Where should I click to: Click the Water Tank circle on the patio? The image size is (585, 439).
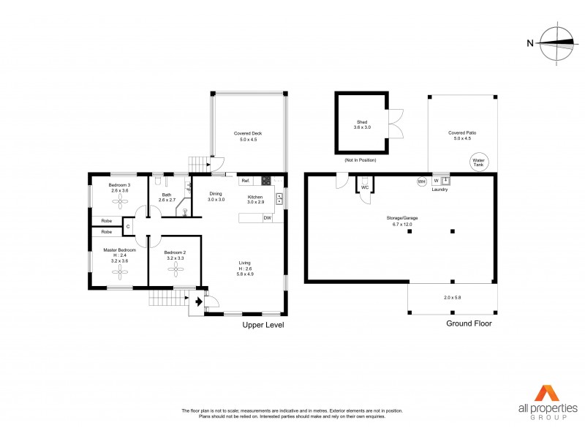point(480,162)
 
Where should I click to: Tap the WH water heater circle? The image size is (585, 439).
point(421,181)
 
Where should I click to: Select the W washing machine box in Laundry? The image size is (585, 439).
point(437,180)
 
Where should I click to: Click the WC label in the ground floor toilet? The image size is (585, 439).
point(365,187)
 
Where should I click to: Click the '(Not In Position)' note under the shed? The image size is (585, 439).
point(359,159)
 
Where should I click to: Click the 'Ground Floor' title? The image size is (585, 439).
point(469,323)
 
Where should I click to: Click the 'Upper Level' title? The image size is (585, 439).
point(263,324)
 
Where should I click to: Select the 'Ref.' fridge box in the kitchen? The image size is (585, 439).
point(246,181)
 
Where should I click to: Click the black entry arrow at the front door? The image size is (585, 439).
point(199,299)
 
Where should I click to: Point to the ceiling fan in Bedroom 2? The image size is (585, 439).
point(175,269)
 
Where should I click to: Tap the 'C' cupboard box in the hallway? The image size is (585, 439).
point(128,227)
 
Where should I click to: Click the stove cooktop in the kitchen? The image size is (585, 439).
point(266,181)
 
